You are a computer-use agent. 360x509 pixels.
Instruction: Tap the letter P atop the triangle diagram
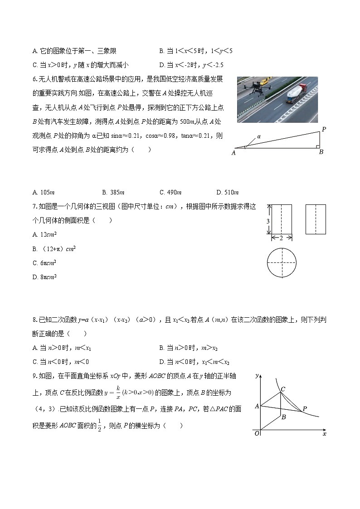324,130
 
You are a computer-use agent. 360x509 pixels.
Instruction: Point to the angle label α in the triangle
259,136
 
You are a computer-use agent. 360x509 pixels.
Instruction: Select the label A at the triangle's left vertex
234,153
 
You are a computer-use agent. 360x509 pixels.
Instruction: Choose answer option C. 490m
170,193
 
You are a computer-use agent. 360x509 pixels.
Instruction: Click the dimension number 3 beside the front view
268,220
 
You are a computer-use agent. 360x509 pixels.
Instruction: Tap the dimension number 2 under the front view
281,238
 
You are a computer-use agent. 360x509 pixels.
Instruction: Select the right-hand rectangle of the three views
316,219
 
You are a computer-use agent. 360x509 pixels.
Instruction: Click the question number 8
34,320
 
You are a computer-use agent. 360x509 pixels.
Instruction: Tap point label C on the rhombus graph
282,388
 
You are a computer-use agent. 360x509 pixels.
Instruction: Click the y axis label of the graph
257,376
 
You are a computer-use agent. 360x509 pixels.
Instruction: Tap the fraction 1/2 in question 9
99,426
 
